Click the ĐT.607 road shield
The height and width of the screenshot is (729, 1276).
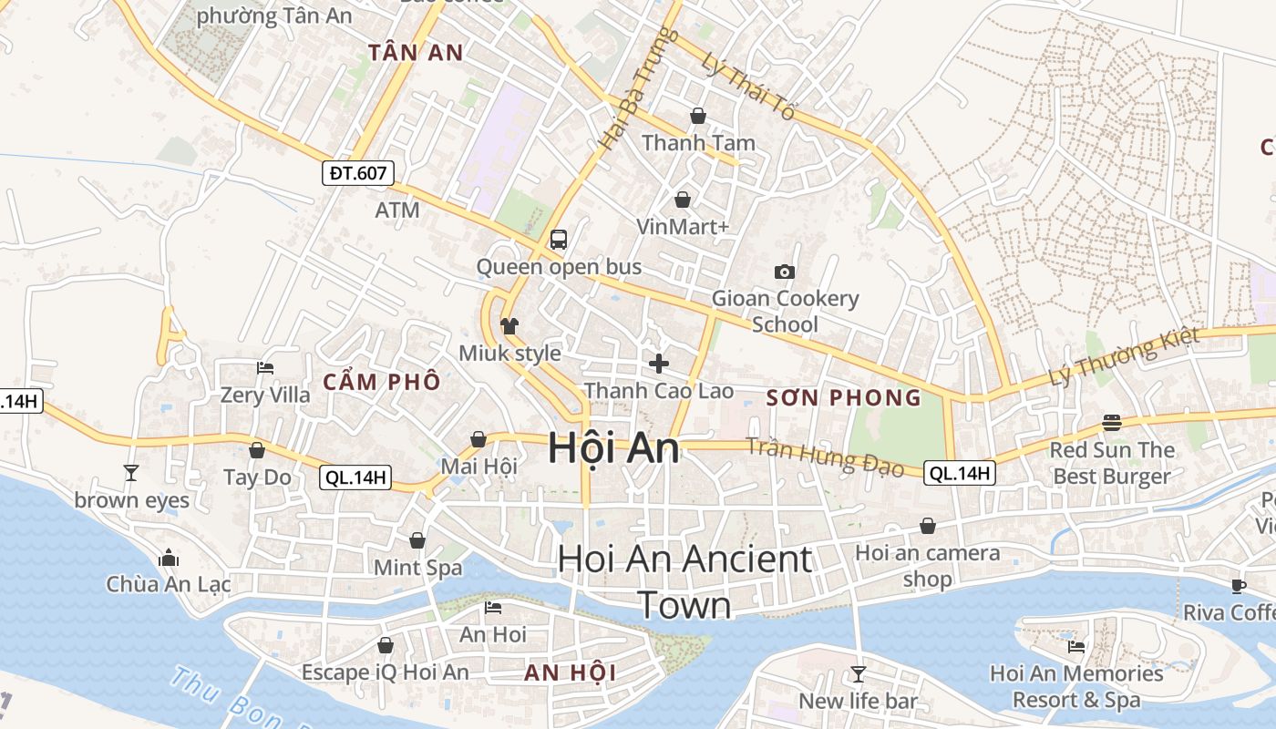click(358, 173)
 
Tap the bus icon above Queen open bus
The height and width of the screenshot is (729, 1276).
click(559, 240)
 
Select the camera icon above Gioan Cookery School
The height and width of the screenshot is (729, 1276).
click(784, 272)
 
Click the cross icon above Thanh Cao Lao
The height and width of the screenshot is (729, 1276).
click(658, 364)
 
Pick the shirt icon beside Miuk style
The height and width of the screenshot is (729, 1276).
click(509, 325)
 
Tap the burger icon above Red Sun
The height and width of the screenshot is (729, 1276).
click(1111, 422)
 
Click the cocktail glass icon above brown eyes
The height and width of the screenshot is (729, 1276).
click(131, 472)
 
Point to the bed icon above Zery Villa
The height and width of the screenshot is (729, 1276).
click(265, 368)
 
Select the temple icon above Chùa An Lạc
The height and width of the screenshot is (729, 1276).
click(169, 558)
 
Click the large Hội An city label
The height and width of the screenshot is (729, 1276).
click(613, 448)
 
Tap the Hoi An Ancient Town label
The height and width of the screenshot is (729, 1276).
click(684, 581)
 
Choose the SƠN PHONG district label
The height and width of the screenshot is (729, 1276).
click(844, 398)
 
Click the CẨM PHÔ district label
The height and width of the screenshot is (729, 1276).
click(382, 382)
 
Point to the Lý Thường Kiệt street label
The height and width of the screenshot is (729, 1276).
click(1124, 358)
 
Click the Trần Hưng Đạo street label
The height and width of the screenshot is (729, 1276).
click(825, 457)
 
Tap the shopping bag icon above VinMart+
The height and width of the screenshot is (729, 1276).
click(682, 200)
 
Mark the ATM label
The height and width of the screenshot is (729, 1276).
click(397, 210)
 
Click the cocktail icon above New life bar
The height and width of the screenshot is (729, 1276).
click(858, 674)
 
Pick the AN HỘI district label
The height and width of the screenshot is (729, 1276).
click(571, 673)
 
